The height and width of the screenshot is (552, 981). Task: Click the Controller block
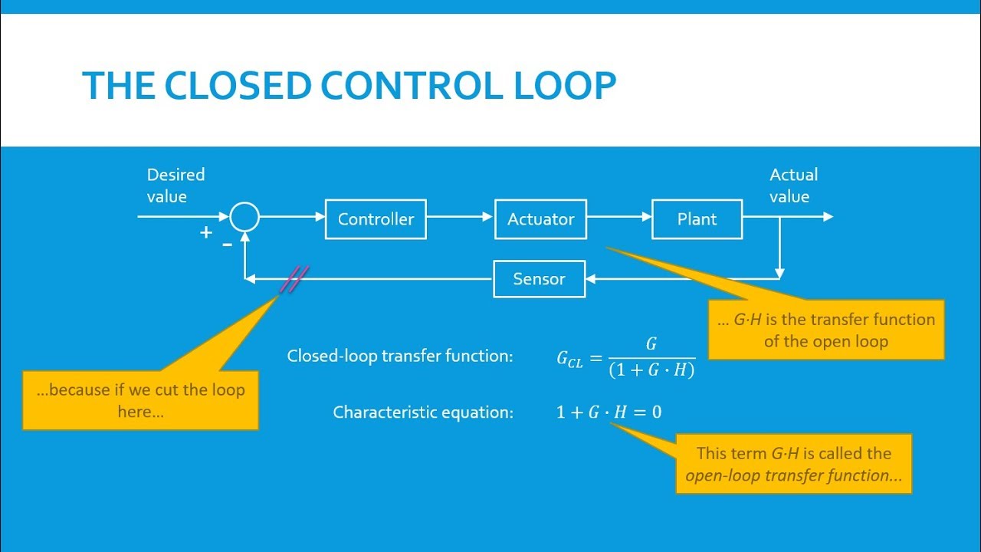[x=376, y=219]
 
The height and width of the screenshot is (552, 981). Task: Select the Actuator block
[x=540, y=219]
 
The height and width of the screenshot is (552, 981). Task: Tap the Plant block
[x=697, y=219]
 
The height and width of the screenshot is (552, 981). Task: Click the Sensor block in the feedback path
[x=539, y=279]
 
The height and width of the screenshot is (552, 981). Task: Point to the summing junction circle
[x=244, y=218]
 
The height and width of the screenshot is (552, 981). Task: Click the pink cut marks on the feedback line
[x=294, y=279]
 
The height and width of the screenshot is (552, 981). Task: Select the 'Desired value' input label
[x=176, y=186]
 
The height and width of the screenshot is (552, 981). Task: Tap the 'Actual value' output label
[x=793, y=186]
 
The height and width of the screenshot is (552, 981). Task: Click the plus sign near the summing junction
[x=205, y=232]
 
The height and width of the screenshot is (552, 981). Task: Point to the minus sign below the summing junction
[x=228, y=244]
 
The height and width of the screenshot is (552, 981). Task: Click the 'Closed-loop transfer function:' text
[x=399, y=356]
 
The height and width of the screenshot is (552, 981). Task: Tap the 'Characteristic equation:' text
[x=422, y=412]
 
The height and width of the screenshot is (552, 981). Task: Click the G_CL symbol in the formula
[x=569, y=359]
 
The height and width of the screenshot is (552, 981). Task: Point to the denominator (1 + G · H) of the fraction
[x=651, y=370]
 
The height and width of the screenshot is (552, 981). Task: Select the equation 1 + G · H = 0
[x=609, y=412]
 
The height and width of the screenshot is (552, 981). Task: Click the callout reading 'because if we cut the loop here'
[x=140, y=400]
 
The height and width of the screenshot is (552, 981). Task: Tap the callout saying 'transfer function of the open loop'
[x=825, y=330]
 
